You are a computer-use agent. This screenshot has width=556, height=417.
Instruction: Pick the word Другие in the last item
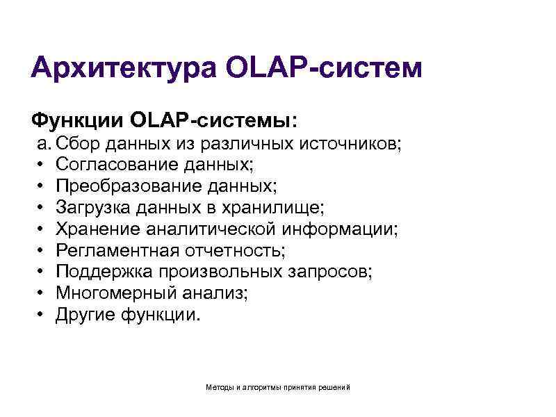click(85, 314)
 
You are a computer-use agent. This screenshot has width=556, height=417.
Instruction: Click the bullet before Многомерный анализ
click(42, 293)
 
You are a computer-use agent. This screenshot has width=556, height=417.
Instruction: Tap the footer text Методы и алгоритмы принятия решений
click(278, 386)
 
